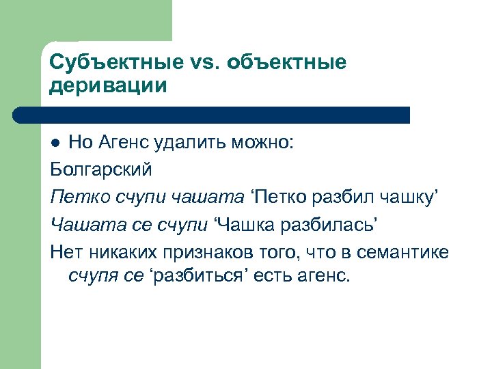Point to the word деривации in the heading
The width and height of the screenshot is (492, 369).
click(x=107, y=87)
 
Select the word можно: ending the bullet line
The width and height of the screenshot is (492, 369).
click(x=264, y=142)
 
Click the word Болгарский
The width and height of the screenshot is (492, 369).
click(x=100, y=169)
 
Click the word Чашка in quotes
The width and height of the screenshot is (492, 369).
click(x=243, y=224)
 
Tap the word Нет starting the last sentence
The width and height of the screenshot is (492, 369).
click(x=64, y=251)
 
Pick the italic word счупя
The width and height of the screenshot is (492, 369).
click(x=91, y=277)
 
